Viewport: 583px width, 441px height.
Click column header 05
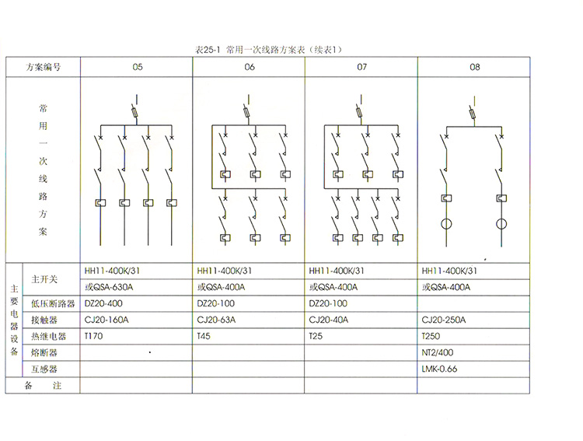137,67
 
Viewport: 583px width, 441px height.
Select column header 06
249,67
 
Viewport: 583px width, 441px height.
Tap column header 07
361,67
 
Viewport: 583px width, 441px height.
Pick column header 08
475,67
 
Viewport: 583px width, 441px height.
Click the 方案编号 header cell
43,67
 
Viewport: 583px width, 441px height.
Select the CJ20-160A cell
105,320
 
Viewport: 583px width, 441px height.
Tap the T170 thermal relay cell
93,336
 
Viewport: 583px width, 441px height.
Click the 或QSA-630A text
109,287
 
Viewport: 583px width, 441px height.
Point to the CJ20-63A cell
216,320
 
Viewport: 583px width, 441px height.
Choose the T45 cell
204,336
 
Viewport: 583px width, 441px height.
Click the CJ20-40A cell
329,320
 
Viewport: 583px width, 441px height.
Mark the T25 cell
316,336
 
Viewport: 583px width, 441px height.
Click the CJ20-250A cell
443,320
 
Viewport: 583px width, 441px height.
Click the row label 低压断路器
53,303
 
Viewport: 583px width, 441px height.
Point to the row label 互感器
44,369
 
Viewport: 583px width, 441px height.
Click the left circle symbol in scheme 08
447,225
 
